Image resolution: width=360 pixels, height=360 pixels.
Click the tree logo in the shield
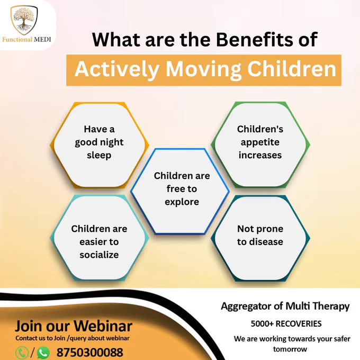[24, 19]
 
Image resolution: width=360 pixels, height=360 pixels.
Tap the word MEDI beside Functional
[42, 39]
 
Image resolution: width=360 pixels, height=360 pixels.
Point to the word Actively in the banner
[117, 69]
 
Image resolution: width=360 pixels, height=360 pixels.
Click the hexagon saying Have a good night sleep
[100, 145]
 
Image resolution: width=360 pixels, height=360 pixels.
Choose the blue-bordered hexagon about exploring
[180, 191]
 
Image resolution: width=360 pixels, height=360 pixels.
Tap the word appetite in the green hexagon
[260, 142]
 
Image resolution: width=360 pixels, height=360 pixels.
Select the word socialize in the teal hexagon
[99, 255]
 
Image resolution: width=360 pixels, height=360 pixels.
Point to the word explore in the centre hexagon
[182, 202]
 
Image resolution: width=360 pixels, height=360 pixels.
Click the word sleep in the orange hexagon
[99, 156]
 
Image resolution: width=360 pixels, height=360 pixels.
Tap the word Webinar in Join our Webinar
[103, 326]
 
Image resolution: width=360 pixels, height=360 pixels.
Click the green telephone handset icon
[22, 353]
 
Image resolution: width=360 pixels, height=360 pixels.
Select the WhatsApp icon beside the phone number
[43, 353]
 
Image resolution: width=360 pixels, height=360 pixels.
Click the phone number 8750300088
[90, 353]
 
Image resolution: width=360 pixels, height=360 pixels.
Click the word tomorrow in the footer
[290, 349]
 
